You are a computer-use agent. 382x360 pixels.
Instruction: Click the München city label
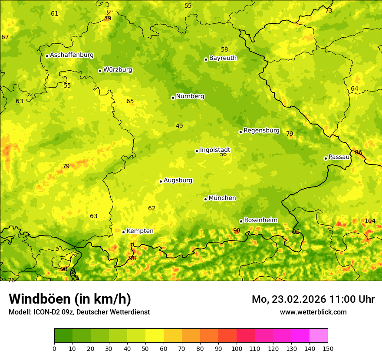point(222,198)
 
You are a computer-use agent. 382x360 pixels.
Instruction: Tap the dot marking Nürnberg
point(173,98)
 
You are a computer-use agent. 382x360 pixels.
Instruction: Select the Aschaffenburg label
point(72,55)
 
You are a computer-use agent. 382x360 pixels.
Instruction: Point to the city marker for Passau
point(326,158)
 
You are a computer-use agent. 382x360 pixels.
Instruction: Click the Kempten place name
point(140,231)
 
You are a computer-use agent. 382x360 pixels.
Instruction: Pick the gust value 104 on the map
point(370,221)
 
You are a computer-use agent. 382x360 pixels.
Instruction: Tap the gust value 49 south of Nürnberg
point(179,126)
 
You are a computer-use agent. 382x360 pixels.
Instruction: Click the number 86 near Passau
point(359,153)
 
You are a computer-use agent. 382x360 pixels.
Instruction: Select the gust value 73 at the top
point(329,10)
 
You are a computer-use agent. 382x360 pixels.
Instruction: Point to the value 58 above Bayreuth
point(224,50)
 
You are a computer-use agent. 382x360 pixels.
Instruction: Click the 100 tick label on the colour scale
point(237,348)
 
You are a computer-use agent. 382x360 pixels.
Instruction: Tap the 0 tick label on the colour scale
point(54,348)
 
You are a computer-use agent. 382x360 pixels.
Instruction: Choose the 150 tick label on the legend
point(328,348)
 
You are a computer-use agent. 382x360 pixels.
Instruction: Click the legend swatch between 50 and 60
point(155,336)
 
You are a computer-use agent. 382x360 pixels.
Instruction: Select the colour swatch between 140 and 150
point(319,336)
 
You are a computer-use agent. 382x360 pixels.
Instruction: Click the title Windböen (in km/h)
point(70,299)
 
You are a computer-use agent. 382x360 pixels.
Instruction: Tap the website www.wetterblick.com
point(313,312)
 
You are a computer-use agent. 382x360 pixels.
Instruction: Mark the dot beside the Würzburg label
point(100,71)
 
